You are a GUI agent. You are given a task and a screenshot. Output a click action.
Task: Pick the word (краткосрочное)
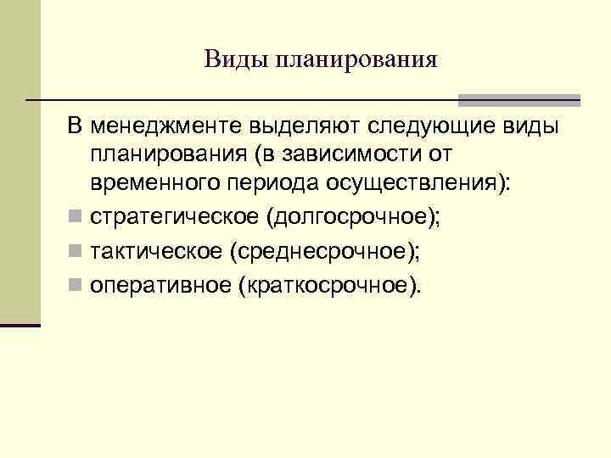point(330,285)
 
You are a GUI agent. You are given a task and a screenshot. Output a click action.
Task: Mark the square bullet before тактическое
point(75,251)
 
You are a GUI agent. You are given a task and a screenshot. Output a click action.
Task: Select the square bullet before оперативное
point(75,286)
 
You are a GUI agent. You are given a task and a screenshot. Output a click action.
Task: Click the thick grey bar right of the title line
point(519,100)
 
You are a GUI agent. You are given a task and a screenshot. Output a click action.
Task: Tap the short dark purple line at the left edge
point(20,325)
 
